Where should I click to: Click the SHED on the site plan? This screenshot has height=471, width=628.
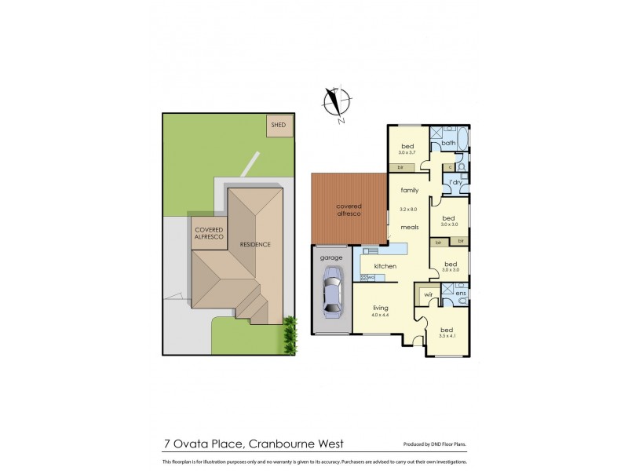[278, 125]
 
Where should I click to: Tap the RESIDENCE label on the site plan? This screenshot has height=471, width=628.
[255, 244]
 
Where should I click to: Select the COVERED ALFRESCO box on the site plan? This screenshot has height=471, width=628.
[210, 232]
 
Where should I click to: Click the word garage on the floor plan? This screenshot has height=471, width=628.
[330, 257]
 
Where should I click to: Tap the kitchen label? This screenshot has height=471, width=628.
[385, 267]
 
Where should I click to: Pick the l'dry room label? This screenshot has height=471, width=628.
[455, 183]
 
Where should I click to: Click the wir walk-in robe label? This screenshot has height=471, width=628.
[428, 294]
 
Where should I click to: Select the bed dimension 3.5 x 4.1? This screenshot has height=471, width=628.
[447, 336]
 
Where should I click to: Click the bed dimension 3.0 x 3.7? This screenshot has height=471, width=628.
[407, 153]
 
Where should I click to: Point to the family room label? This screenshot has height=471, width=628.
[409, 190]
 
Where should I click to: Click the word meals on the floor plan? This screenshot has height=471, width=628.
[409, 228]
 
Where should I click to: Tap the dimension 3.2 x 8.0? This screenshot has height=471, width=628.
[408, 210]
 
